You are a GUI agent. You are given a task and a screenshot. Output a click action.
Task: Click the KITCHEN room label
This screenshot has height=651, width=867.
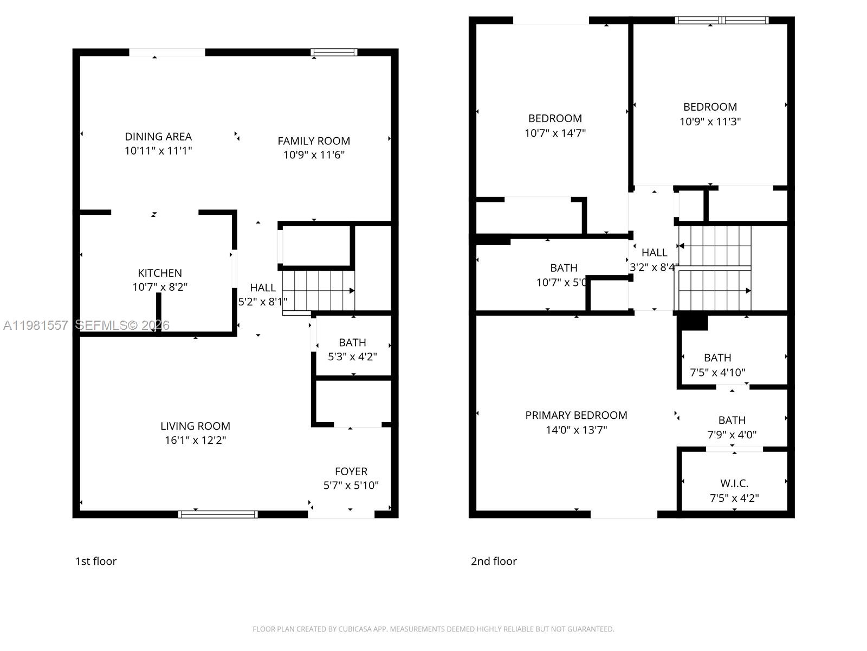[160, 273]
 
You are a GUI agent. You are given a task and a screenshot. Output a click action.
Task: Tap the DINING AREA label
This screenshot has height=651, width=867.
[158, 137]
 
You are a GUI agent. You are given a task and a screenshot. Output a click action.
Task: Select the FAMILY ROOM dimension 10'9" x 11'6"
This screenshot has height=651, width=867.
[314, 155]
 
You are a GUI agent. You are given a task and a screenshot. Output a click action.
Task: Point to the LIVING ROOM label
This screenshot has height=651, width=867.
[195, 426]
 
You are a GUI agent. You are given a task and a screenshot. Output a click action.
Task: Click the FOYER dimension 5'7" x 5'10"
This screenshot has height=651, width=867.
[351, 486]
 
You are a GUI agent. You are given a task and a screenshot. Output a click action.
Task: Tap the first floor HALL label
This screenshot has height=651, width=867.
[263, 288]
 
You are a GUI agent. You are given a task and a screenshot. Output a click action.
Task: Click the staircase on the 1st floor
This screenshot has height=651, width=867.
[318, 290]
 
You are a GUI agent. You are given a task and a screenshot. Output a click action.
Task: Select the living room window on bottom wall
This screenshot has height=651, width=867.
[218, 514]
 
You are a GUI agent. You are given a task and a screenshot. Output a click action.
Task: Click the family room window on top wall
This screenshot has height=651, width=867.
[334, 53]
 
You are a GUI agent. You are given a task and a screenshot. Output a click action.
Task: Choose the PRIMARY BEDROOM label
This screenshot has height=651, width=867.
[576, 416]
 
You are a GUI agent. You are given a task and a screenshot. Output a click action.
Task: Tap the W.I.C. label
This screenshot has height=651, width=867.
[734, 483]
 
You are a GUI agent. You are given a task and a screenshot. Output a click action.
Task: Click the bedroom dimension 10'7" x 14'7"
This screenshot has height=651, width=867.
[555, 133]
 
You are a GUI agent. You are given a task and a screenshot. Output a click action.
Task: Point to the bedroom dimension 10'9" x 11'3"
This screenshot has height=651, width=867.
[710, 122]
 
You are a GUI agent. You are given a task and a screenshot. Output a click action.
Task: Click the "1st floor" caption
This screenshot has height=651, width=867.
[96, 561]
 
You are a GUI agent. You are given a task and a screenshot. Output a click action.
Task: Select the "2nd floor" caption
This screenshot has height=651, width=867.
[494, 561]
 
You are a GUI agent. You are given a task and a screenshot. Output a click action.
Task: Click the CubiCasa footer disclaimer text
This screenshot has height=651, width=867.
[433, 629]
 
